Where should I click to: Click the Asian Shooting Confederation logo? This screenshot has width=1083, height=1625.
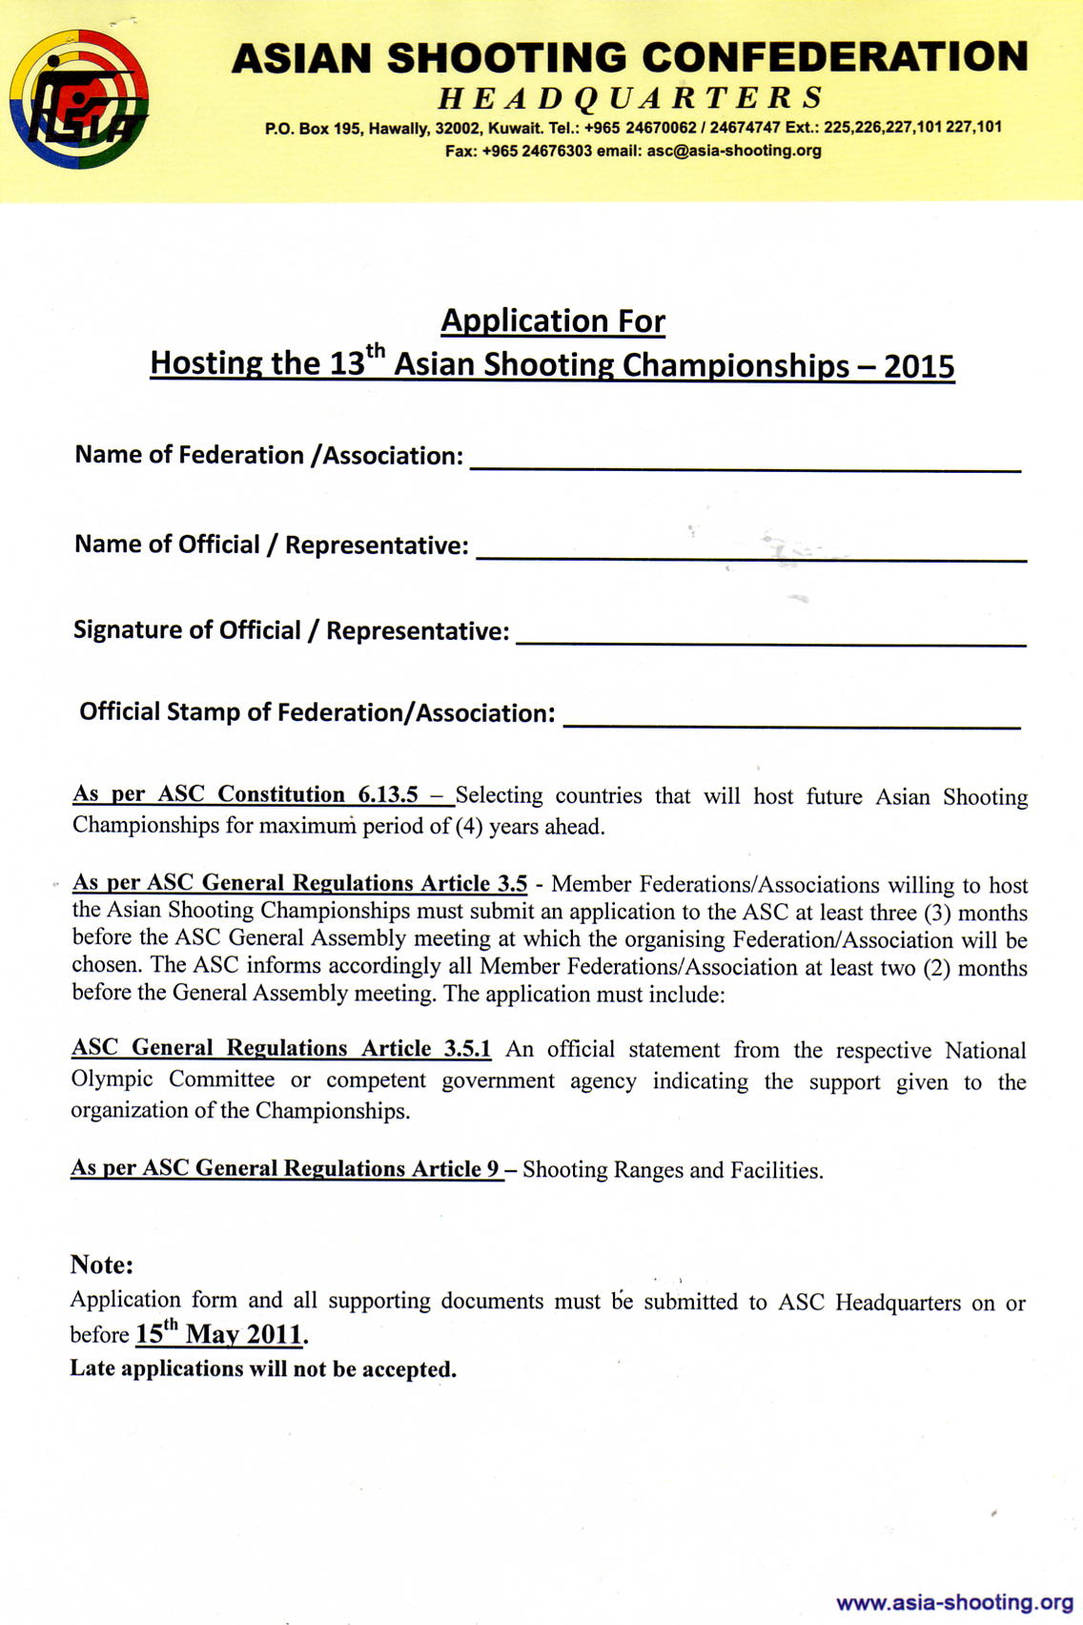[78, 99]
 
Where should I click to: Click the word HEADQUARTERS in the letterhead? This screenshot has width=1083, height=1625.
[630, 97]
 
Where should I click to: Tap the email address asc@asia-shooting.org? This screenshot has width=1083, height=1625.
[733, 151]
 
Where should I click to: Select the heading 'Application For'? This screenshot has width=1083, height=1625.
[552, 321]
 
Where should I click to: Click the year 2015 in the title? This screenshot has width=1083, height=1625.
[919, 366]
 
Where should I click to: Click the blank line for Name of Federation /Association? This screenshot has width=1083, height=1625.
[746, 467]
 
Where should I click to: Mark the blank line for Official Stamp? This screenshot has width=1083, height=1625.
[791, 724]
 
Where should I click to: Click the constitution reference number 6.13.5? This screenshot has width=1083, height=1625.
[388, 795]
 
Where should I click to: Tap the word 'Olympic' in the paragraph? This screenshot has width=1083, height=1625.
[112, 1080]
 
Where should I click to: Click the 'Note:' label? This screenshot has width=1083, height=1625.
[102, 1265]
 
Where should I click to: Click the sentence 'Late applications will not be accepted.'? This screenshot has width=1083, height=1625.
[263, 1369]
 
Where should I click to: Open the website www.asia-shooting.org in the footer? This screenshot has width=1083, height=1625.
[954, 1602]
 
